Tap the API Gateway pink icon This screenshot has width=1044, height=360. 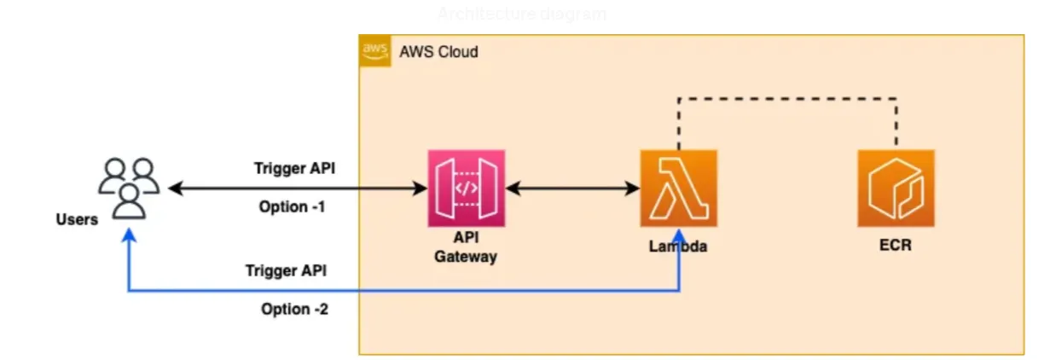tap(466, 188)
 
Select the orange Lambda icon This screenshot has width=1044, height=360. tap(678, 188)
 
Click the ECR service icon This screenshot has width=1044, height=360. tap(896, 188)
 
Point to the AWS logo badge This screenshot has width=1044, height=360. tap(374, 51)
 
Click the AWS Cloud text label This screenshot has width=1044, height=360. tap(438, 52)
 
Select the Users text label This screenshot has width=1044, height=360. tap(77, 219)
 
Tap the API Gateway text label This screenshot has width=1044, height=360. tap(466, 248)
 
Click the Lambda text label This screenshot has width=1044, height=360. tap(678, 247)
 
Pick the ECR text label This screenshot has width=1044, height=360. tap(896, 247)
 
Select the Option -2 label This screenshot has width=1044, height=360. tap(294, 309)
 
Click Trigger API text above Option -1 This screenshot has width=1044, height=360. tap(294, 168)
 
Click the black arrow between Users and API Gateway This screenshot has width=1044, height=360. tap(299, 188)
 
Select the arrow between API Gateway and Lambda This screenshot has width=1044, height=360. tap(571, 188)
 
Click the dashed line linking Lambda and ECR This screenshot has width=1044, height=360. tap(785, 99)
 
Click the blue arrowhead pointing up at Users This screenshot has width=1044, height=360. tap(129, 241)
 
